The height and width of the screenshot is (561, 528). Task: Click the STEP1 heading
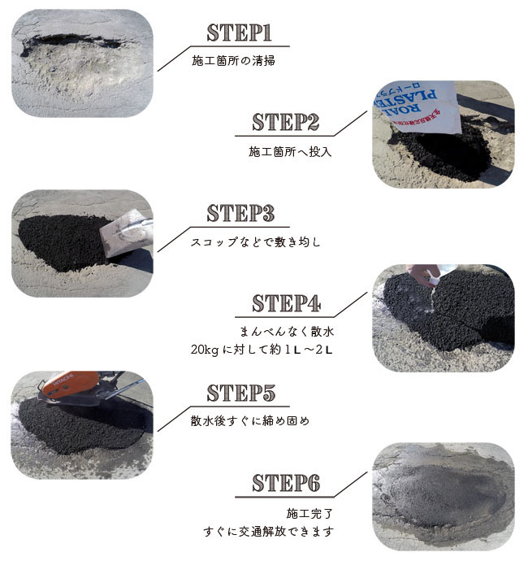coord(239,33)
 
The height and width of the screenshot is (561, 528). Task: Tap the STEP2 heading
coord(285,122)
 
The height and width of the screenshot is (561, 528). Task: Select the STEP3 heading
coord(240,213)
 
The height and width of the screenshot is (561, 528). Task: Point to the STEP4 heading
coord(286,303)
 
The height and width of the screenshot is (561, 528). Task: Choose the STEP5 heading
coord(241,393)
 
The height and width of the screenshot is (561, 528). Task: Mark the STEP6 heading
coord(286,483)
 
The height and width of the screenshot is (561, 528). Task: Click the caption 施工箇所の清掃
coord(233,60)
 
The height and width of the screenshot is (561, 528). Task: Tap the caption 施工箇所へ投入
coord(290,151)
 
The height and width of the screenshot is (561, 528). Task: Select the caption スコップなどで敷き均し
coord(255,242)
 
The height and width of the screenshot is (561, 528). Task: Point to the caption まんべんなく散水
coord(287,331)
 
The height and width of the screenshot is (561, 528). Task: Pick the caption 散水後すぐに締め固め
coord(250,421)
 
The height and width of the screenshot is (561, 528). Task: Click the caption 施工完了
coord(309,513)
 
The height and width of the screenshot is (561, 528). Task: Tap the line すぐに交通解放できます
coord(269,531)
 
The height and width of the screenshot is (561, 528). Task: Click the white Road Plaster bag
coord(417,107)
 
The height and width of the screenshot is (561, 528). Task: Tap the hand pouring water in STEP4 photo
coord(422,275)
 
